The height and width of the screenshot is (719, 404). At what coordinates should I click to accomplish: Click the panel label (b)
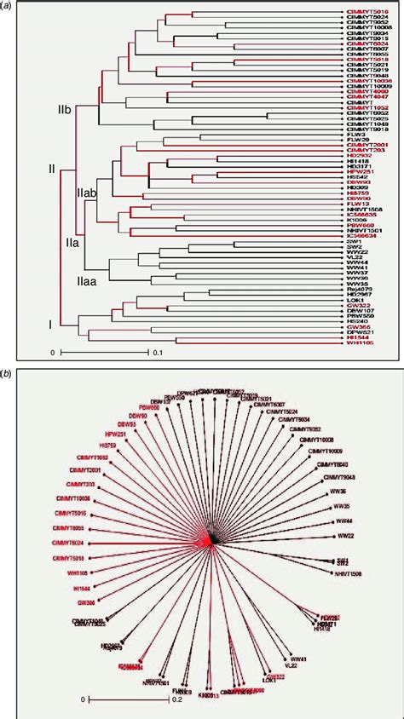pyautogui.click(x=8, y=372)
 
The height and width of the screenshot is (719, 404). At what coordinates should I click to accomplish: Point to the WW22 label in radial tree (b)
pyautogui.click(x=345, y=536)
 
